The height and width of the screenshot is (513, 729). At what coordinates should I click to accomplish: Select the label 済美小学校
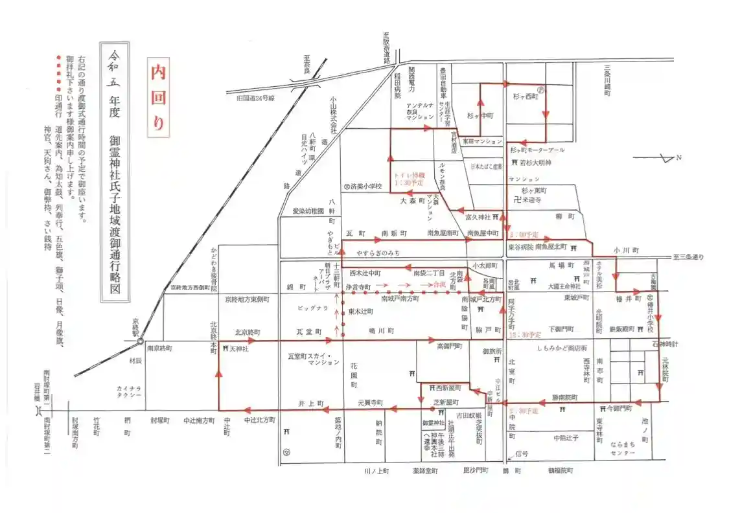pyautogui.click(x=365, y=187)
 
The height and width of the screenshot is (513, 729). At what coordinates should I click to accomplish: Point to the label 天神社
pyautogui.click(x=239, y=348)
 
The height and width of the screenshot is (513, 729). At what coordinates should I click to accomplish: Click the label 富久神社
pyautogui.click(x=478, y=218)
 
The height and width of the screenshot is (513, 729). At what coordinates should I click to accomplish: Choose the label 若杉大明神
pyautogui.click(x=535, y=163)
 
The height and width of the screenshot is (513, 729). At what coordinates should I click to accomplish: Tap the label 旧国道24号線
pyautogui.click(x=247, y=97)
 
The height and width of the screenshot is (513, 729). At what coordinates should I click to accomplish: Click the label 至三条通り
pyautogui.click(x=686, y=257)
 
